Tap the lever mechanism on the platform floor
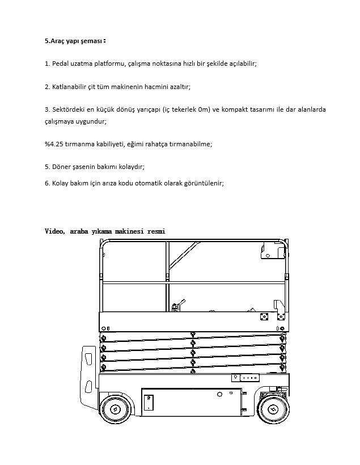point(181,306)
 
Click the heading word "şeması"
point(92,41)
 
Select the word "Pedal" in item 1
point(61,64)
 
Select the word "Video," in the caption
point(56,231)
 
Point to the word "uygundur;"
point(92,121)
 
